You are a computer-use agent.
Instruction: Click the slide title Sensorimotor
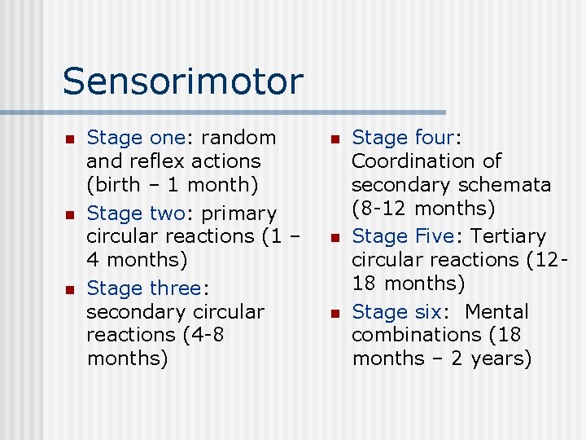pyautogui.click(x=182, y=81)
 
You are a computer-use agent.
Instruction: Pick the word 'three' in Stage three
pyautogui.click(x=175, y=288)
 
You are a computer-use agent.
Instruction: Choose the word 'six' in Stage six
pyautogui.click(x=426, y=312)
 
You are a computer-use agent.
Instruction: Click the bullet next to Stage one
pyautogui.click(x=69, y=139)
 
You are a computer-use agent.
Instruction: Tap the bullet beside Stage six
pyautogui.click(x=335, y=313)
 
